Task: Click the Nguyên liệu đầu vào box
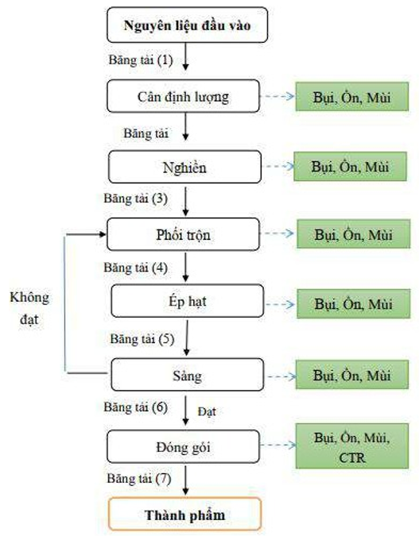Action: [188, 25]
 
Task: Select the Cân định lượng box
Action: [183, 96]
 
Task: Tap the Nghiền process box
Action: [184, 167]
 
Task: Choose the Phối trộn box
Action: [183, 234]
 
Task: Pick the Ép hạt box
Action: [188, 301]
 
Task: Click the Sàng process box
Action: [188, 375]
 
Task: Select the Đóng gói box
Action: [183, 447]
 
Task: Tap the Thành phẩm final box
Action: [184, 514]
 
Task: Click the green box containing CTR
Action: [352, 446]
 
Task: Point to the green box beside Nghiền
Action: [350, 167]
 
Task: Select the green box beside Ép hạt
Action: [353, 304]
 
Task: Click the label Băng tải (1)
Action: [141, 60]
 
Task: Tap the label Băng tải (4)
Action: [135, 268]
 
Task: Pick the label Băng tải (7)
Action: [139, 478]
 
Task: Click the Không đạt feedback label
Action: [29, 308]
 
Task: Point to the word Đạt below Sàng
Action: [207, 411]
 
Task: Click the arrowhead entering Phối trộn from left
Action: [103, 234]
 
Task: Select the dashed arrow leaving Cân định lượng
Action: [277, 96]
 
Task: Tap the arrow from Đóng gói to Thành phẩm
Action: [185, 480]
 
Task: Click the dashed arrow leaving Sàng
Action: [281, 376]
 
